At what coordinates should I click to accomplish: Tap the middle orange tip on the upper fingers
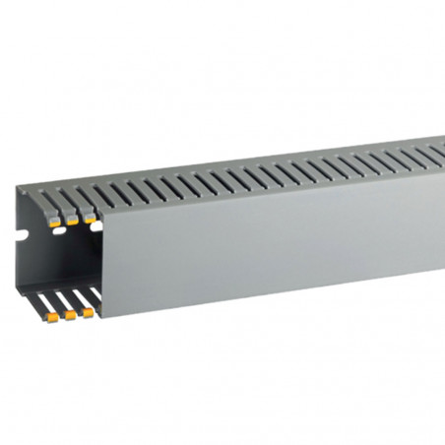(x=74, y=222)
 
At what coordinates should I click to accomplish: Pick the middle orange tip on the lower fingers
(x=71, y=316)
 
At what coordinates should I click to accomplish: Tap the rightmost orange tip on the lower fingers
(x=88, y=312)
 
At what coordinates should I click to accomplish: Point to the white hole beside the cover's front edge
(x=96, y=225)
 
